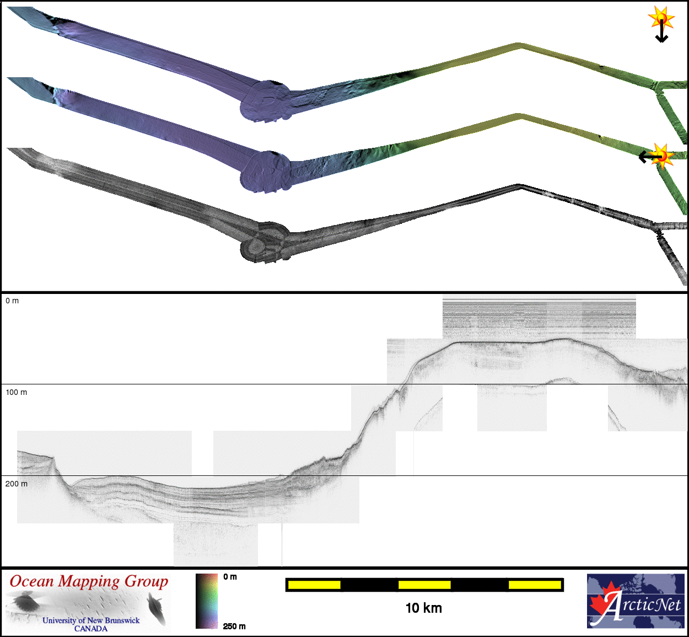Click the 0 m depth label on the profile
tap(12, 301)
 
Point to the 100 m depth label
tap(17, 392)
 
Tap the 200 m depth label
tap(17, 484)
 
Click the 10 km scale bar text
tap(424, 608)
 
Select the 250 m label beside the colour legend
tap(234, 626)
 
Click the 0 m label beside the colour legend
tap(230, 576)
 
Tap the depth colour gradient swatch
tap(207, 601)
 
